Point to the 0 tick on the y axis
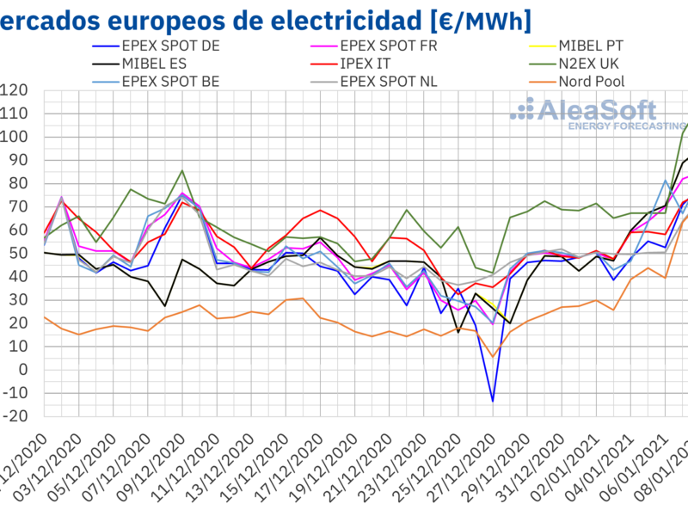point(21,369)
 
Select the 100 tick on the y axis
point(15,137)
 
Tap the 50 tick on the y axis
point(18,253)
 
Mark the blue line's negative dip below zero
point(493,401)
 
